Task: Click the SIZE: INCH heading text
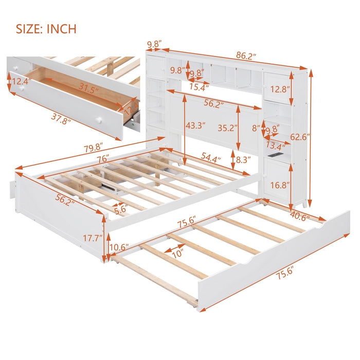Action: pyautogui.click(x=46, y=29)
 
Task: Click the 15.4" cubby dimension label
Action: pyautogui.click(x=198, y=87)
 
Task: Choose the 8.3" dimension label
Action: pyautogui.click(x=244, y=160)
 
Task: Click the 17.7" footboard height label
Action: pyautogui.click(x=94, y=238)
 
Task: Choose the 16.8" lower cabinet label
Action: pyautogui.click(x=280, y=185)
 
